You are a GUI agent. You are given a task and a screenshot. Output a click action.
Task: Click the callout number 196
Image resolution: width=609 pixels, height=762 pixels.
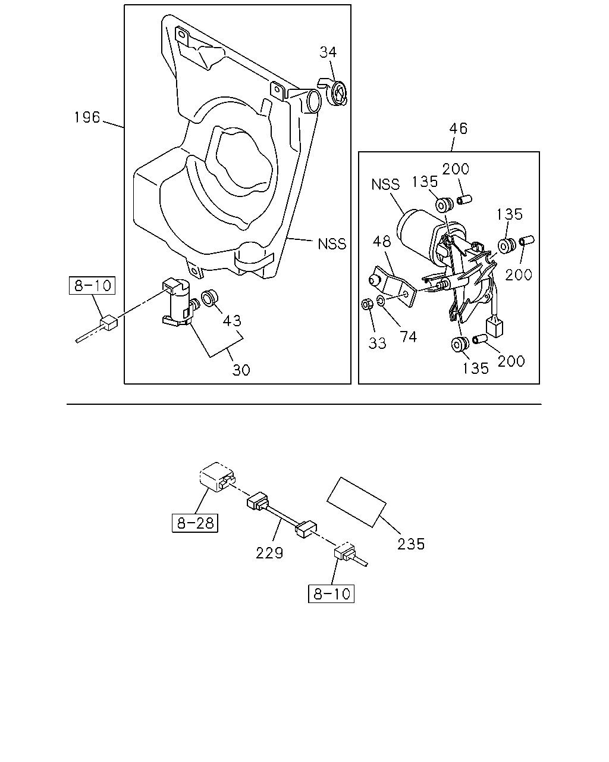[87, 117]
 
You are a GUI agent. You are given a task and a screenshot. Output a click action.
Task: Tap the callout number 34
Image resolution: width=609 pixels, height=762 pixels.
[328, 52]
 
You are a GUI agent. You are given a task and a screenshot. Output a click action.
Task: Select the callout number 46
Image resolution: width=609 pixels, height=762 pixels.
[459, 128]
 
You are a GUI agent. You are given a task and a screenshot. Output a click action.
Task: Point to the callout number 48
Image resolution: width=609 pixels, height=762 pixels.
[382, 242]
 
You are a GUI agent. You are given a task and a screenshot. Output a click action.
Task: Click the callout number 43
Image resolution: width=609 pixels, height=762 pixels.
[232, 320]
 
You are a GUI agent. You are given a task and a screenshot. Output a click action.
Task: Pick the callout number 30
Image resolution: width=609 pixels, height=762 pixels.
[241, 370]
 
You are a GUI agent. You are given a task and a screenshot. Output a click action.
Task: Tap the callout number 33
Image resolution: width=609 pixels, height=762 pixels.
[377, 343]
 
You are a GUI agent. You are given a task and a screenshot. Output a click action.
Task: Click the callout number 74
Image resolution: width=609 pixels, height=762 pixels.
[409, 336]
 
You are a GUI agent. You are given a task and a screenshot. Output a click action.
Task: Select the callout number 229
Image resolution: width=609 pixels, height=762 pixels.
[269, 552]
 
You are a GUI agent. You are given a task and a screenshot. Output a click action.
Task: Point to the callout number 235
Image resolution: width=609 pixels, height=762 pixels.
[411, 544]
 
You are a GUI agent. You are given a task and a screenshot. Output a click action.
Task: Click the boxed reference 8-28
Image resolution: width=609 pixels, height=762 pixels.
[195, 523]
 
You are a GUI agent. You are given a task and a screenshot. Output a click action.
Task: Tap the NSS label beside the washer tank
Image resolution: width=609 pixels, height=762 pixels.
[332, 244]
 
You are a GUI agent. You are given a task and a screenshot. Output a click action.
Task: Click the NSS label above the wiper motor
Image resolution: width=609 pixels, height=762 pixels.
[385, 185]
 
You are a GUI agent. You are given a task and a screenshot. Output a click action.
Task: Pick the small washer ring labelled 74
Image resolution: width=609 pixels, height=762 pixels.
[381, 301]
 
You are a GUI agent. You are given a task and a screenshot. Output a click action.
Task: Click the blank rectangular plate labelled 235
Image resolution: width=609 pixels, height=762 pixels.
[356, 502]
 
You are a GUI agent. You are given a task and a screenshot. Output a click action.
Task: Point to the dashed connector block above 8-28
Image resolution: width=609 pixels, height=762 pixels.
[217, 477]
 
